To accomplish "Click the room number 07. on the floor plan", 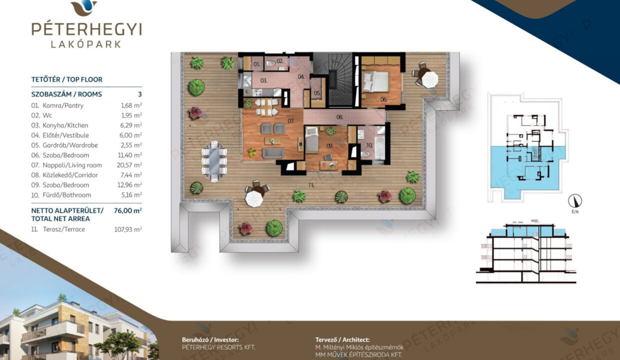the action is [x=291, y=121].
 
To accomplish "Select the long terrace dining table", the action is [x=214, y=161].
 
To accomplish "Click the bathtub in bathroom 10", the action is [x=379, y=148].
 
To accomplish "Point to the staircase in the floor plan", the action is [x=340, y=79].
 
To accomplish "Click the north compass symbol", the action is [x=575, y=201].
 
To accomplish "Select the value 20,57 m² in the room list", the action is [x=129, y=165].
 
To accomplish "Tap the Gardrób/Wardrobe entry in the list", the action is [x=70, y=145].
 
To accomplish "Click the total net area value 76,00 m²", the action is [x=128, y=210].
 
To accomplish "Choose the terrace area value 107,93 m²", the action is [x=128, y=229].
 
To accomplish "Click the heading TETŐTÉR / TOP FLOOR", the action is [x=66, y=79].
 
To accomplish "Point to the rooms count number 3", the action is [x=140, y=94].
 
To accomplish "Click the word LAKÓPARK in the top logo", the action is [x=86, y=44].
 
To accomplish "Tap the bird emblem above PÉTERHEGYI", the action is [x=84, y=7].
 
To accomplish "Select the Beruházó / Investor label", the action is [x=210, y=340].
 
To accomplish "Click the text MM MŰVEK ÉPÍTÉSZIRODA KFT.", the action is [x=358, y=354].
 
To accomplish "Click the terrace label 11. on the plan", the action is [x=311, y=185].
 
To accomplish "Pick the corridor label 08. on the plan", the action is [x=339, y=117].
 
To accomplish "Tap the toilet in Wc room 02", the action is [x=271, y=64].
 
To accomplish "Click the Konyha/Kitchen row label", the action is [x=65, y=125].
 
